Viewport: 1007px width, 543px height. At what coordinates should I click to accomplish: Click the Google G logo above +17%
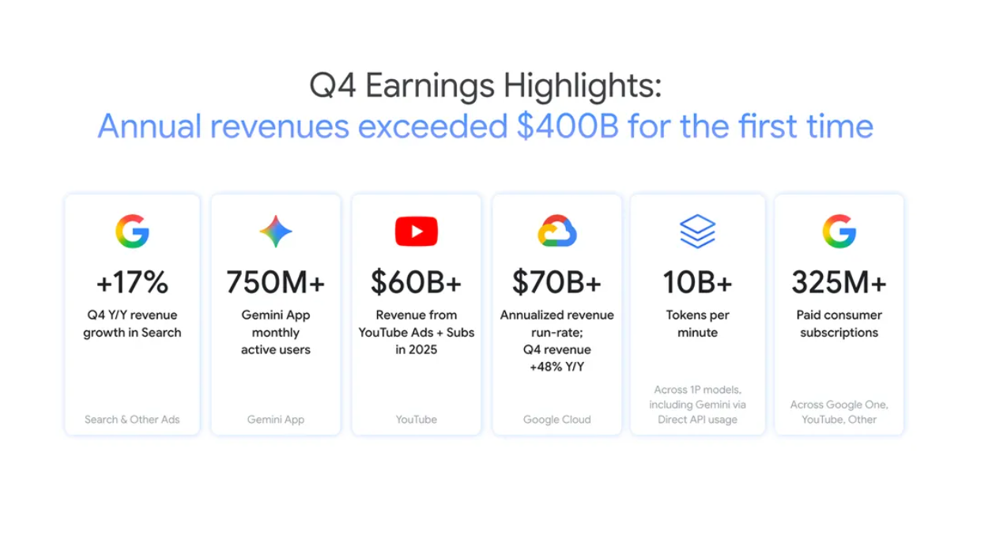point(132,231)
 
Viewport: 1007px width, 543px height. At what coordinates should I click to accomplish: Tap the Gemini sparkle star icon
point(276,232)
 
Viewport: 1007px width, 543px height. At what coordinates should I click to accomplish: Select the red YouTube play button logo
point(417,231)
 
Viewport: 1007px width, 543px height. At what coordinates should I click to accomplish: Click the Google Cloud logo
point(557,231)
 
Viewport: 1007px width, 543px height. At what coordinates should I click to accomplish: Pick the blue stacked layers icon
point(697,231)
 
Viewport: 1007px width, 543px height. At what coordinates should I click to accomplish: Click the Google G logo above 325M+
point(839,231)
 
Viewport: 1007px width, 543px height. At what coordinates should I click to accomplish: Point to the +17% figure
point(132,283)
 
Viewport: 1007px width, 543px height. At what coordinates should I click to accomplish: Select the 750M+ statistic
point(276,283)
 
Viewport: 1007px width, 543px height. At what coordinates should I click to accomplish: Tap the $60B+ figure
point(417,283)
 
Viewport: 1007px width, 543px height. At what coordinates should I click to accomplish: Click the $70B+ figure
point(557,283)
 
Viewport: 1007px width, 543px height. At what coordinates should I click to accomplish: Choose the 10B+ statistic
point(697,283)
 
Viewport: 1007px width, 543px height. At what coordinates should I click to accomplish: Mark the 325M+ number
point(839,283)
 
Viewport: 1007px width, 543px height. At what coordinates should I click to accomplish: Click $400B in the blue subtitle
point(568,126)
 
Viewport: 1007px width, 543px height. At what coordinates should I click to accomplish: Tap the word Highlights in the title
point(583,86)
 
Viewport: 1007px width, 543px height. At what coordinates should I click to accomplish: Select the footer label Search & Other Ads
point(132,420)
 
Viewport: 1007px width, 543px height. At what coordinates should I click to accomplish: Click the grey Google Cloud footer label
point(557,420)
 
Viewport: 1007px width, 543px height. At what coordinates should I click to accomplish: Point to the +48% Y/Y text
point(557,367)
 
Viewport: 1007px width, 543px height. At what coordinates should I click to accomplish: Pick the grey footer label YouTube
point(417,420)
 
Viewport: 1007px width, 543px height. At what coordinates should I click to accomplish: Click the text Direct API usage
point(697,420)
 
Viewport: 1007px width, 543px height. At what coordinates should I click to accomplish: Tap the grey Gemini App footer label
point(276,420)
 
